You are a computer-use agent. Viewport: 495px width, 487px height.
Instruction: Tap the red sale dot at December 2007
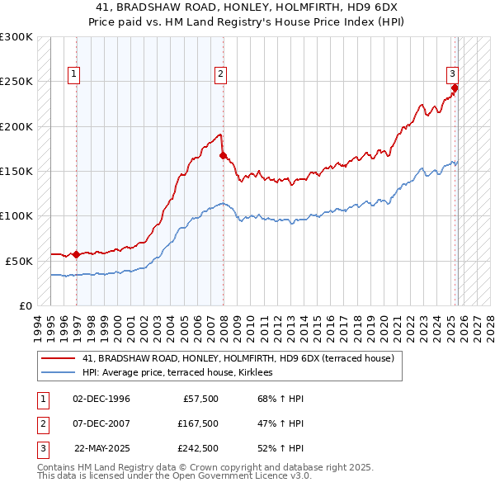point(223,154)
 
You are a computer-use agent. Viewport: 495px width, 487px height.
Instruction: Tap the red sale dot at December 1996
point(77,254)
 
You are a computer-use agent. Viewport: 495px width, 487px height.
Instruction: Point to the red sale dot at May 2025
point(455,87)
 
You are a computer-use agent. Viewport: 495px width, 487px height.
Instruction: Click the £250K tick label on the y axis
point(16,82)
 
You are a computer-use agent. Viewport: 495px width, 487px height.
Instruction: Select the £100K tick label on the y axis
point(16,215)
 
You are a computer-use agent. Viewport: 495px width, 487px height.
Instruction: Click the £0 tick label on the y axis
point(26,305)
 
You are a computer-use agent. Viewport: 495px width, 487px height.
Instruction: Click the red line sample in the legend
point(59,358)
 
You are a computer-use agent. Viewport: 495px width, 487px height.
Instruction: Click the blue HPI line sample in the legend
point(59,372)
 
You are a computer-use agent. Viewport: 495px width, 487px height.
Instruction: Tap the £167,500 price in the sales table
point(197,423)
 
